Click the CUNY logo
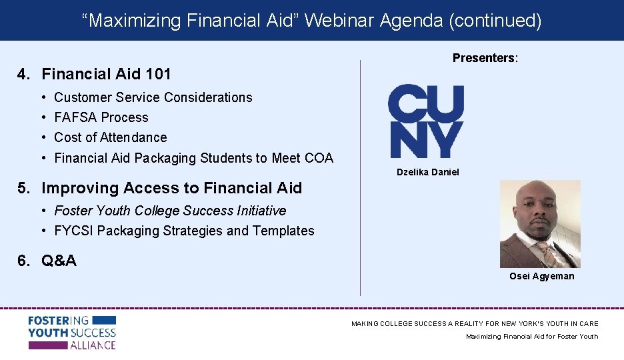point(426,121)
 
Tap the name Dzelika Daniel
point(427,172)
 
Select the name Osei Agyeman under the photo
point(541,276)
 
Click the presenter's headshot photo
point(540,224)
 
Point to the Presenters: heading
point(485,58)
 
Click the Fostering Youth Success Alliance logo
point(72,333)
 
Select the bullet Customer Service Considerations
point(153,97)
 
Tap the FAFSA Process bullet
point(101,117)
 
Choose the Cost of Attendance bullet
point(110,137)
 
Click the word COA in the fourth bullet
point(319,158)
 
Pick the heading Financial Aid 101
point(106,74)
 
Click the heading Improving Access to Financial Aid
point(171,188)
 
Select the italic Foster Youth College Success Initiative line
point(170,211)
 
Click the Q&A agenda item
point(59,261)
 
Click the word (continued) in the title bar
point(495,21)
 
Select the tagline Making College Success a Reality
point(475,323)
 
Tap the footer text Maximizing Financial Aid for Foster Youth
point(531,336)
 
